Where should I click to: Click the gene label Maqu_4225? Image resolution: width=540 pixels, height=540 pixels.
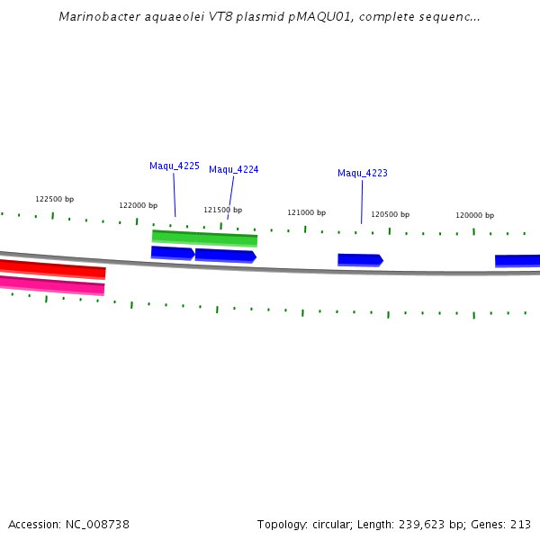pos(175,166)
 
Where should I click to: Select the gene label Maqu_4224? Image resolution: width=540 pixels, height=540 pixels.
pos(234,169)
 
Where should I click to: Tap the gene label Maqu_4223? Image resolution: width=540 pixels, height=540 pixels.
pos(363,173)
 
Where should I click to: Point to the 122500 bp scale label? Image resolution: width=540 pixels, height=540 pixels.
pos(54,199)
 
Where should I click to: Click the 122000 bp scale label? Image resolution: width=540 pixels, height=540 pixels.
pos(138,205)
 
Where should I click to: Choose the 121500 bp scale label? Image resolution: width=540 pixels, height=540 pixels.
pos(222,210)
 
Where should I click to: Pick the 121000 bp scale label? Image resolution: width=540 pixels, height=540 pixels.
pos(306,212)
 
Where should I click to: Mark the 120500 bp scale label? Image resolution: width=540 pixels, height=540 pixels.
pos(390,214)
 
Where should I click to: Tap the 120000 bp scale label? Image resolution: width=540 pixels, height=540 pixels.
pos(474,215)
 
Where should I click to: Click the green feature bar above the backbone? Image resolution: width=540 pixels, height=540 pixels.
pos(204,238)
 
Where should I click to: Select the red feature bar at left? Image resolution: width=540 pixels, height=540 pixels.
pos(52,268)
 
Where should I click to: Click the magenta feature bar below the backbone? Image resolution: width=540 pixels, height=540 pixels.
pos(52,285)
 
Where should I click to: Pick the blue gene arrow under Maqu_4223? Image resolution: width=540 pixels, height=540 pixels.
pos(360,260)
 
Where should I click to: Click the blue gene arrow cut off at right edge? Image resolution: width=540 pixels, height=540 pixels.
pos(517,261)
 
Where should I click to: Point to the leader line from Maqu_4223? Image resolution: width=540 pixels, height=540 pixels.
pos(362,201)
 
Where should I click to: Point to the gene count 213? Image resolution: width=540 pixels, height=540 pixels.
pos(520,524)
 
